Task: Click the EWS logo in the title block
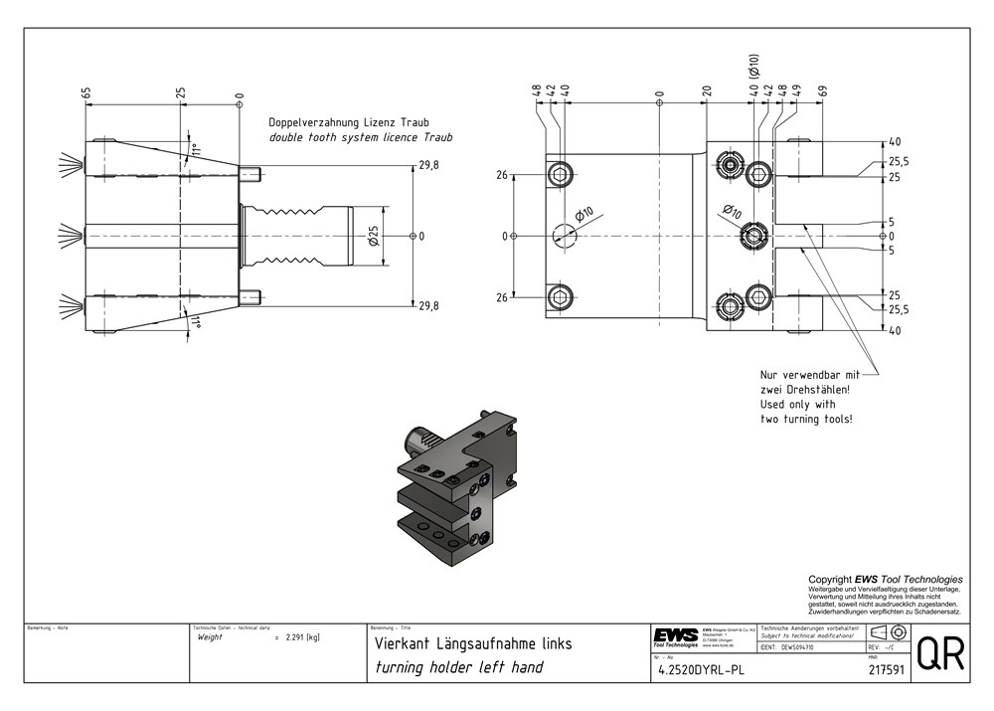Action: tap(675, 636)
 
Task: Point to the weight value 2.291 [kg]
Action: tap(300, 636)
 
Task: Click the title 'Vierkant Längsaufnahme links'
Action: tap(472, 643)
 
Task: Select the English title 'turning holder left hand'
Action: tap(458, 667)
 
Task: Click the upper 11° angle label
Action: tap(196, 151)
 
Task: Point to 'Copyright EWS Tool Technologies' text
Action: tap(885, 580)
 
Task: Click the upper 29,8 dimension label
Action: tap(428, 165)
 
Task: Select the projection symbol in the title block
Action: tap(887, 632)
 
